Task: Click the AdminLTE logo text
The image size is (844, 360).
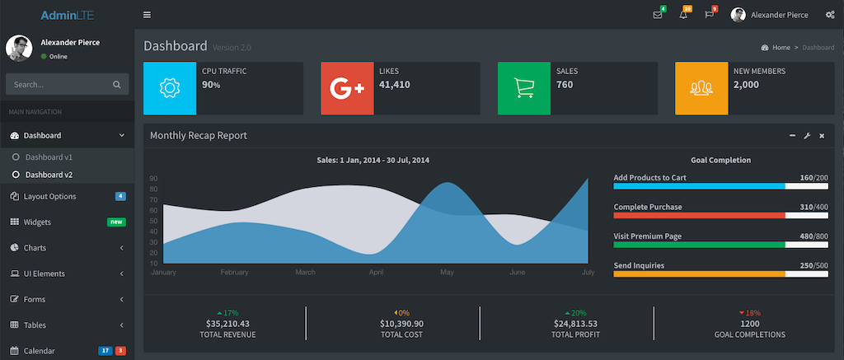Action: click(x=66, y=15)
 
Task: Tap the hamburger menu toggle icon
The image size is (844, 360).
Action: click(x=147, y=15)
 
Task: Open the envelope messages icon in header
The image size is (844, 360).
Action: click(x=657, y=15)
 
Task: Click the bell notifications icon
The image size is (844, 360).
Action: click(x=683, y=15)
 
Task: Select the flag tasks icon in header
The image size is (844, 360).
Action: click(x=709, y=15)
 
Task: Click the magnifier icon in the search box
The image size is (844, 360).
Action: click(x=117, y=84)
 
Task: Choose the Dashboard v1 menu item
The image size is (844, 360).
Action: click(x=49, y=157)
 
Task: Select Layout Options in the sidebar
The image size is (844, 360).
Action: click(x=61, y=196)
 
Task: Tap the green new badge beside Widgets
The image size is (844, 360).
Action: click(x=116, y=222)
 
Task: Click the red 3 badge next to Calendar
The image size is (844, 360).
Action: click(x=120, y=351)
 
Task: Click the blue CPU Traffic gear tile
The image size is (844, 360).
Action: click(x=170, y=87)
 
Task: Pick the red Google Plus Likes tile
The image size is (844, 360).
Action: click(x=347, y=87)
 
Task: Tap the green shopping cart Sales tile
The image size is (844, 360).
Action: click(x=524, y=87)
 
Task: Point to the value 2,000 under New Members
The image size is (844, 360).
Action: click(x=746, y=84)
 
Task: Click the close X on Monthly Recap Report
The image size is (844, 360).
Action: click(x=822, y=135)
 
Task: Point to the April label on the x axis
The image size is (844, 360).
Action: click(x=376, y=272)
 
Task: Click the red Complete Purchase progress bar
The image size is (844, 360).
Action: click(x=699, y=215)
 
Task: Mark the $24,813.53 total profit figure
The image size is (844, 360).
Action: click(x=574, y=324)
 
